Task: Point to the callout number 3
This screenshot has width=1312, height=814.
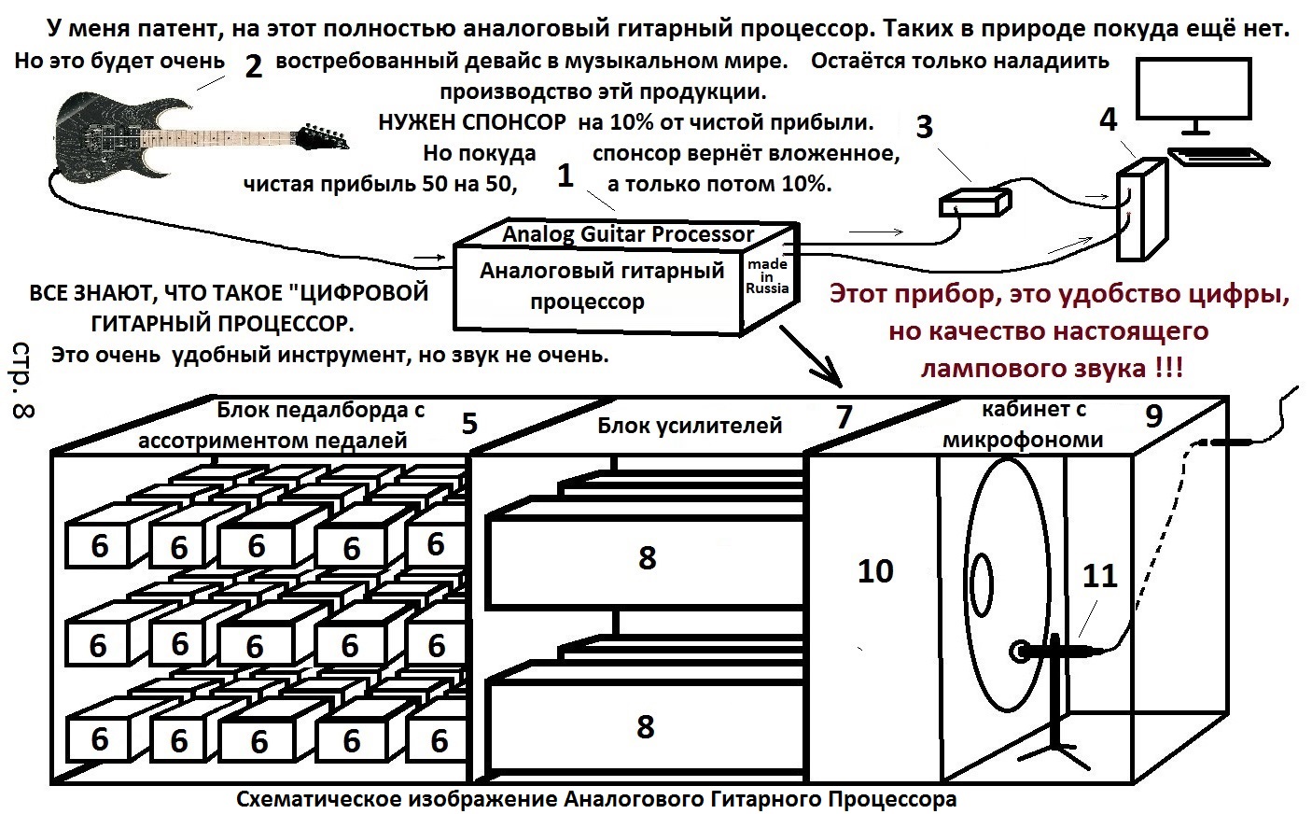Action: pos(924,127)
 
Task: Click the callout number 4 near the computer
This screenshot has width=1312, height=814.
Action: pos(1108,119)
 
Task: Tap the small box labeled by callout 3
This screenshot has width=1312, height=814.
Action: pos(974,203)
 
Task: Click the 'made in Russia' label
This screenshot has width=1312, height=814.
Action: pos(767,276)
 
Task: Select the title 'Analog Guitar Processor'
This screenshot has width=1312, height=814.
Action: pos(627,233)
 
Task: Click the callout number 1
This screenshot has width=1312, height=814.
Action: pos(565,175)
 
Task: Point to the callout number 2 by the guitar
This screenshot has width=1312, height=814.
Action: pos(252,66)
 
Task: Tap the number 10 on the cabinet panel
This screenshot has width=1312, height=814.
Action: pos(874,570)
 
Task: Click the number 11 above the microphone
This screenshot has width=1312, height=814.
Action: pos(1099,575)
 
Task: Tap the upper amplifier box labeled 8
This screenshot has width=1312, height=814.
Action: pos(646,558)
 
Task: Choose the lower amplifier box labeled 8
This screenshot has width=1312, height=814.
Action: pos(646,726)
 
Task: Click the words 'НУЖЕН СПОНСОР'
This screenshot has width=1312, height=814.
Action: pos(471,122)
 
